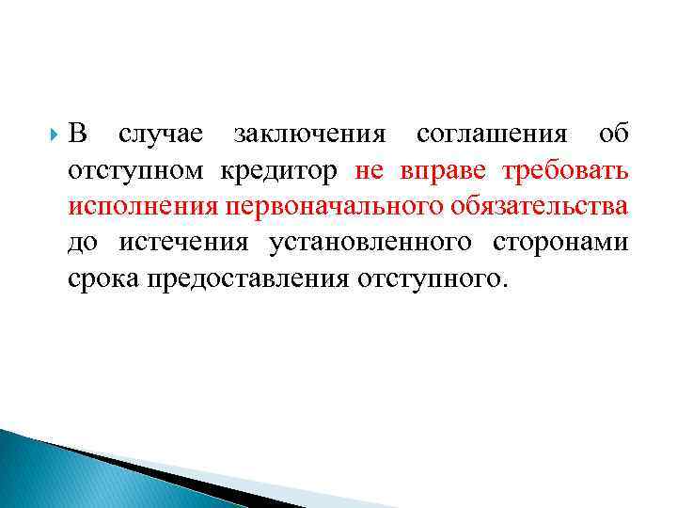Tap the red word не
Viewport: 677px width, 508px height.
[x=370, y=171]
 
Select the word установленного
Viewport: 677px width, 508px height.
[x=371, y=244]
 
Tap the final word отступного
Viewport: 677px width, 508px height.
[x=432, y=279]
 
